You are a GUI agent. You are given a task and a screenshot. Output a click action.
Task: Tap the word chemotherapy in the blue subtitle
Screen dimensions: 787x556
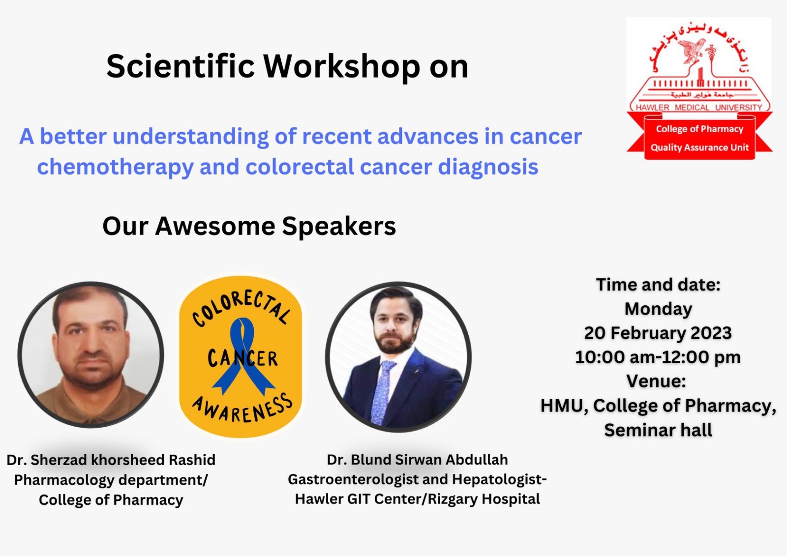(x=115, y=167)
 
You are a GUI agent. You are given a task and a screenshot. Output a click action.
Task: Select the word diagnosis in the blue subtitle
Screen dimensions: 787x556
(x=488, y=167)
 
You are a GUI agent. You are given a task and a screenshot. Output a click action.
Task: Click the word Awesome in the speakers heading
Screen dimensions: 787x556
(x=215, y=226)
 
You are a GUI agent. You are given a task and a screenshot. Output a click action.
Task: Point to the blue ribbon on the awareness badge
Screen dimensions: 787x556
(x=243, y=355)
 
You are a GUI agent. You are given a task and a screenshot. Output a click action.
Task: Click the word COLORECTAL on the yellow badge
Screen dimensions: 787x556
(x=242, y=309)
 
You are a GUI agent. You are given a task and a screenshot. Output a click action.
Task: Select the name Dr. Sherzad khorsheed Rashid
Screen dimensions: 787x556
(x=111, y=460)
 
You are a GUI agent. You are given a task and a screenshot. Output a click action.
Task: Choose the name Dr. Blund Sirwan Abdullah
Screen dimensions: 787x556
(x=418, y=460)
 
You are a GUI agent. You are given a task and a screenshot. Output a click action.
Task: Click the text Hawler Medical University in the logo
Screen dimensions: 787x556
(x=699, y=108)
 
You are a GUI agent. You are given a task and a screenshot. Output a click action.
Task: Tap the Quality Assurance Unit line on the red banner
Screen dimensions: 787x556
(x=699, y=147)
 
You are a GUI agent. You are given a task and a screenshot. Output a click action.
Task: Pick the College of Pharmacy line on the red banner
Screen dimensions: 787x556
(x=699, y=129)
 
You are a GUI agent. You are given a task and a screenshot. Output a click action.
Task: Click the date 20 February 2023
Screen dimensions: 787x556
(x=658, y=333)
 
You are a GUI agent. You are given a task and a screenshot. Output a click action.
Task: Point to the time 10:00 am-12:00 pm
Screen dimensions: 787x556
(x=658, y=357)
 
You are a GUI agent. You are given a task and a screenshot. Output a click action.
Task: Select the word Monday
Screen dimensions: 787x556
(x=658, y=309)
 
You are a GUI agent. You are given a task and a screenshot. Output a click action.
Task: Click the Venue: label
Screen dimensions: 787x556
(x=656, y=380)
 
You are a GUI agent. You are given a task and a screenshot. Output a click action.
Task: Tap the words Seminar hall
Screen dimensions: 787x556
(x=658, y=430)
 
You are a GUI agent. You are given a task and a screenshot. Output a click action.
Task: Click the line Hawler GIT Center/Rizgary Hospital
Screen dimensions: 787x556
(x=418, y=499)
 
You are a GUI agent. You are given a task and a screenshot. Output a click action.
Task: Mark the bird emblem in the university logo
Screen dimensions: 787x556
(x=693, y=51)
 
